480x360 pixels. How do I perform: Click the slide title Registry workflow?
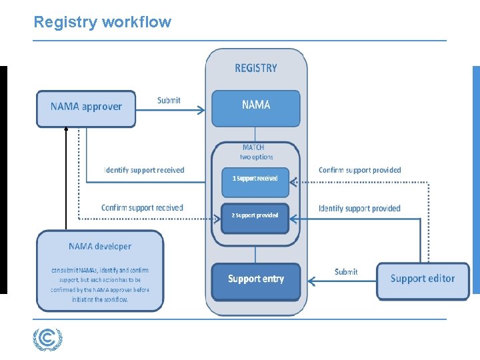(102, 22)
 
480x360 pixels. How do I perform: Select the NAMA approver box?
(85, 108)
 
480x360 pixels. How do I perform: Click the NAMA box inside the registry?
(256, 107)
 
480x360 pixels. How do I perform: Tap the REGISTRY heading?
(256, 68)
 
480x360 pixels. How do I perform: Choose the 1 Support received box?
(255, 179)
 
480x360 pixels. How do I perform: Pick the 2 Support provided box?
(255, 216)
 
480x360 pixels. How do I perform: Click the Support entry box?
(256, 279)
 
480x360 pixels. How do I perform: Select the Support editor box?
(422, 279)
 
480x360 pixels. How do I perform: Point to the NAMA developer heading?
(100, 247)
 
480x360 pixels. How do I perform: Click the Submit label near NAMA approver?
(169, 100)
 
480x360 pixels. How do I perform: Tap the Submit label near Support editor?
(346, 271)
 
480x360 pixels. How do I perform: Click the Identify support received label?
(144, 170)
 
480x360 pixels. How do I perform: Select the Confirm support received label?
(142, 208)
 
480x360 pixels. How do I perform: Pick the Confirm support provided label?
(360, 170)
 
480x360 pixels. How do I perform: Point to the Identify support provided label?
(359, 209)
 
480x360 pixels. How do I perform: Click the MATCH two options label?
(256, 152)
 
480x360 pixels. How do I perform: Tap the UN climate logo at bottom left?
(48, 340)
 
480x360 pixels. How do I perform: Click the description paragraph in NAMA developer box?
(100, 285)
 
